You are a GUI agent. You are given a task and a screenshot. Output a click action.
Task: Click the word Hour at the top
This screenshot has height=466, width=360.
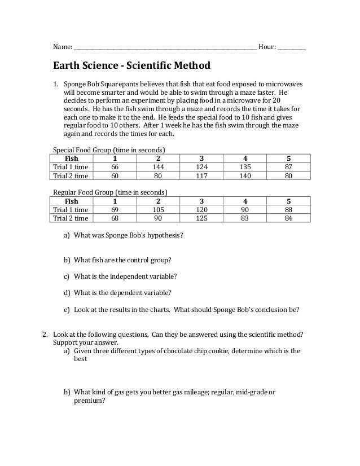[266, 47]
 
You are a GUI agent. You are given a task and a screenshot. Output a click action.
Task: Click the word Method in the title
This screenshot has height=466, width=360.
[190, 66]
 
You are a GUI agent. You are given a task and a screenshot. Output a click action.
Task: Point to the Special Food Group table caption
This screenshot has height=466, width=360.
[109, 150]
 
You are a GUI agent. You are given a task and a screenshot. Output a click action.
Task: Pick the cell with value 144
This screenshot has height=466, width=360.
[159, 167]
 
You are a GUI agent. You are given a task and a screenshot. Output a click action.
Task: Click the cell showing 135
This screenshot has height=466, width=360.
[245, 167]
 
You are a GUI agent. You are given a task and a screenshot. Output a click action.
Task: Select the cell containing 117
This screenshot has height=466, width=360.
[201, 175]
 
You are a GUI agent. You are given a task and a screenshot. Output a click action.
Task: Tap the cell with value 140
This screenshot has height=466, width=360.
[245, 175]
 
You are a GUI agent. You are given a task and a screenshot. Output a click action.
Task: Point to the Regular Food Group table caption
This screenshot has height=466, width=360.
[110, 192]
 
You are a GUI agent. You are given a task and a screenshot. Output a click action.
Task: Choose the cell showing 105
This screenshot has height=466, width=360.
[159, 210]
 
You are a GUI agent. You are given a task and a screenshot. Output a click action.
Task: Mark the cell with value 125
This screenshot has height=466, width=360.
[201, 218]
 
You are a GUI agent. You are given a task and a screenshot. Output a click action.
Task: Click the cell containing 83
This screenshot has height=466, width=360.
[245, 218]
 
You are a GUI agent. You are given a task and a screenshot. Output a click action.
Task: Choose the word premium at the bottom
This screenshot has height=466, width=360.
[89, 401]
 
